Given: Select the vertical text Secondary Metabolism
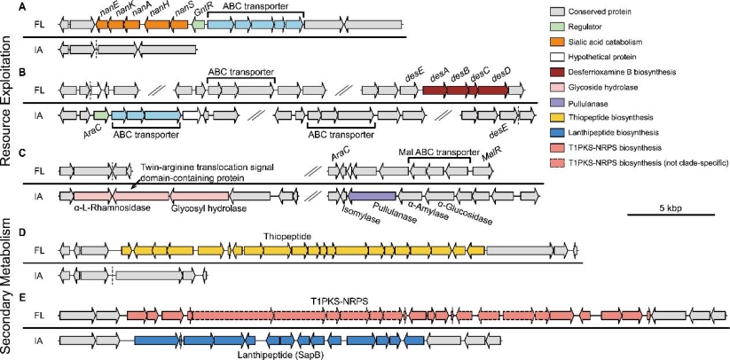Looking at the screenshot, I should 9,291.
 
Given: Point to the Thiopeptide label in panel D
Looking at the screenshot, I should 284,238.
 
